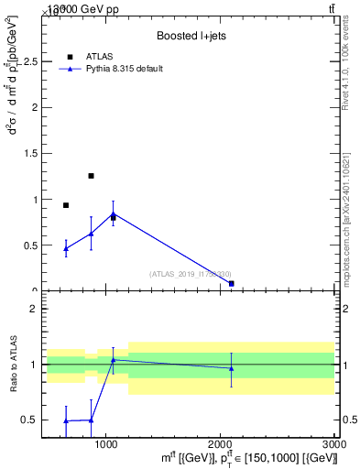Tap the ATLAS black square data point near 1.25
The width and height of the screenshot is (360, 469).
pyautogui.click(x=91, y=176)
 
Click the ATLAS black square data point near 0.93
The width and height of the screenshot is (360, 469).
pyautogui.click(x=66, y=205)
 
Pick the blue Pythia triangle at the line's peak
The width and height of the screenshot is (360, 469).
pyautogui.click(x=113, y=214)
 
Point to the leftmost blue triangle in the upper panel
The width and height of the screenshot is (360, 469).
pyautogui.click(x=66, y=248)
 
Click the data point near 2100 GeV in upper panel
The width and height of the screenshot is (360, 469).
pyautogui.click(x=231, y=284)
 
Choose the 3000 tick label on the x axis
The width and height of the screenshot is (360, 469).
pyautogui.click(x=334, y=444)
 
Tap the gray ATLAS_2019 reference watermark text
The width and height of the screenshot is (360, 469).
pyautogui.click(x=191, y=274)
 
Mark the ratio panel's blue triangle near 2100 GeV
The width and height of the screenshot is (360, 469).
pyautogui.click(x=231, y=368)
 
